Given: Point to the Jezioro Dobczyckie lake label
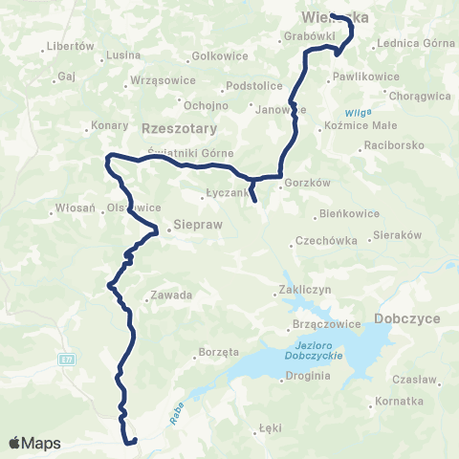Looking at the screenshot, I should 309,351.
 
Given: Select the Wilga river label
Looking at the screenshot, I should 359,112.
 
